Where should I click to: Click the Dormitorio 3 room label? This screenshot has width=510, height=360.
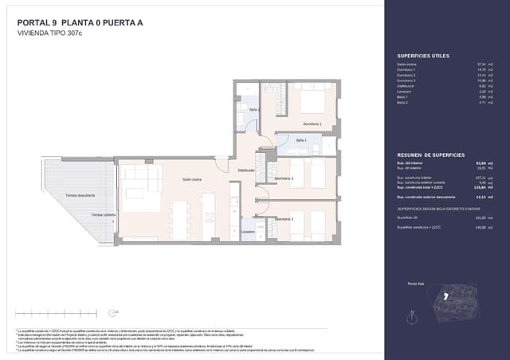284,218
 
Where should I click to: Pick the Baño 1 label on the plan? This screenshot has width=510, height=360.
301,140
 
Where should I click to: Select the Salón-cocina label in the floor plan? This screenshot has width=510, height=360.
191,180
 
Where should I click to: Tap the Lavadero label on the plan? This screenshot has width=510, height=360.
249,233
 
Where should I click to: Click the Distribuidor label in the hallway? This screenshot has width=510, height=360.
245,170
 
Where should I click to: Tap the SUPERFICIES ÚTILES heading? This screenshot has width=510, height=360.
422,56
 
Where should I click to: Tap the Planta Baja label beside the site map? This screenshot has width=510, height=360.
415,284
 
